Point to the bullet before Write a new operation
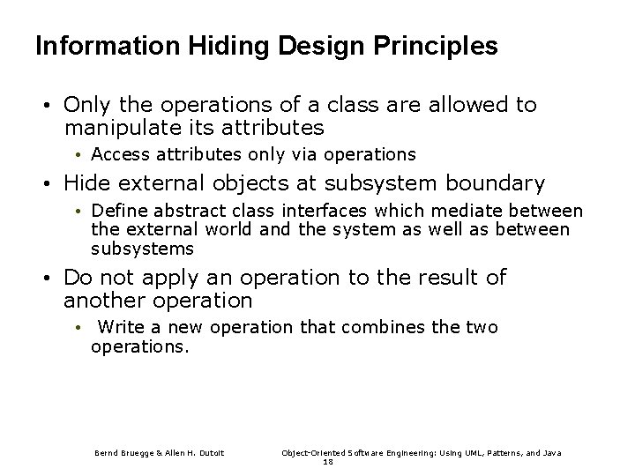point(78,329)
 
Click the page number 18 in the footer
point(327,461)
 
